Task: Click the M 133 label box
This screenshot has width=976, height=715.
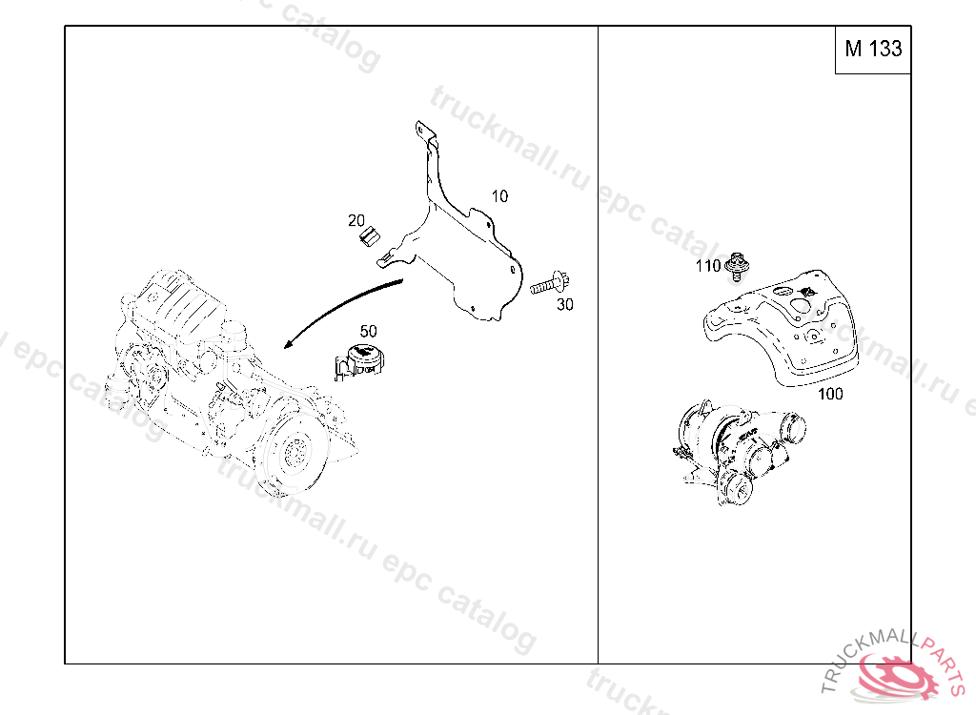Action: [873, 50]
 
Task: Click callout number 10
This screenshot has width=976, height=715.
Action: [499, 196]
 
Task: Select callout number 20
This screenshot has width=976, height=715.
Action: [356, 220]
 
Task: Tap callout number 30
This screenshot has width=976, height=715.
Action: [564, 304]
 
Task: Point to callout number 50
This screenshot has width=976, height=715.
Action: [368, 331]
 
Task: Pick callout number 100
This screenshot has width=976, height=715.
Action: [830, 394]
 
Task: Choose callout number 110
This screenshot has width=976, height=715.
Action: [708, 266]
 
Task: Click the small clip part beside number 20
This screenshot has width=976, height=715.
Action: [370, 235]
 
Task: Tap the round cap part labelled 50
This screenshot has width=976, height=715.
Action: [359, 362]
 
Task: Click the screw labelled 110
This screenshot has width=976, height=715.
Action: [739, 267]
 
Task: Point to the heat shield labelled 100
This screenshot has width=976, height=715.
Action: [782, 328]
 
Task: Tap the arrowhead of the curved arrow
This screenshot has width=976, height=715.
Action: [288, 344]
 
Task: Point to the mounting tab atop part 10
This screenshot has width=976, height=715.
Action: [424, 133]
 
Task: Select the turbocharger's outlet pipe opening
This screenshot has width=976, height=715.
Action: [792, 428]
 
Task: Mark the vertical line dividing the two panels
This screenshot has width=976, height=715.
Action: [599, 344]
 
